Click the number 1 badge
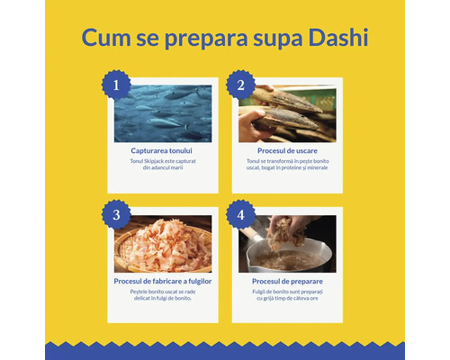tap(115, 85)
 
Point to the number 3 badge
tap(115, 216)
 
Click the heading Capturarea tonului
tap(163, 150)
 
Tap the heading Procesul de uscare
tap(287, 150)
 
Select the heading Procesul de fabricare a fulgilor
tap(163, 281)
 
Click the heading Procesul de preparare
tap(287, 281)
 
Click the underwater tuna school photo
tap(163, 113)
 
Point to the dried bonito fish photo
tap(287, 113)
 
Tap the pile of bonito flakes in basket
tap(163, 244)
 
